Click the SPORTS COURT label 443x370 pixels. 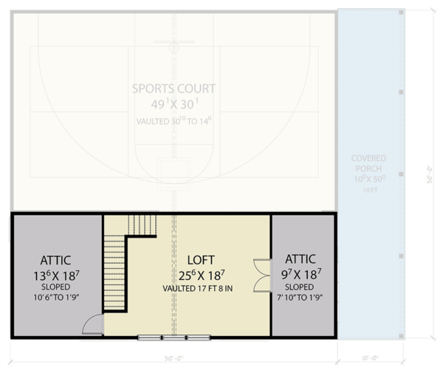click(x=174, y=89)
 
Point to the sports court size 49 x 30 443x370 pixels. click(x=174, y=105)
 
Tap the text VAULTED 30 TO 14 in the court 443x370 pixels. click(x=174, y=120)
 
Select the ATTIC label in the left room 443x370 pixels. click(x=55, y=259)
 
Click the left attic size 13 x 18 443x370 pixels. click(x=55, y=275)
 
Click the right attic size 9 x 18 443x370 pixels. click(x=300, y=274)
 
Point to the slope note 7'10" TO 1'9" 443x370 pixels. click(x=300, y=298)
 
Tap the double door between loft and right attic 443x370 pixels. click(x=261, y=275)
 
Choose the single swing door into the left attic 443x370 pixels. click(x=92, y=323)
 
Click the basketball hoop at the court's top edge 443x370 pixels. click(x=174, y=47)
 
